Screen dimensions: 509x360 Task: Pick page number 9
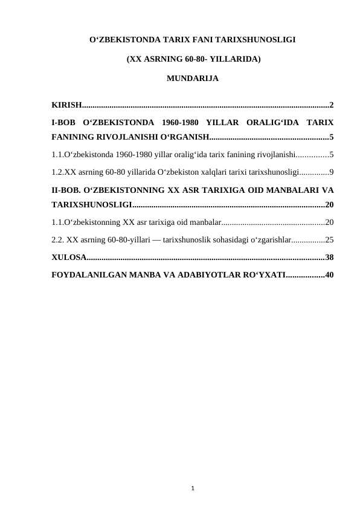pos(332,172)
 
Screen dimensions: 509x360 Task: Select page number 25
pos(330,239)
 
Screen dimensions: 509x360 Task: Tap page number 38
pos(330,258)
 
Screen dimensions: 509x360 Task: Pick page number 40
pos(330,275)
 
